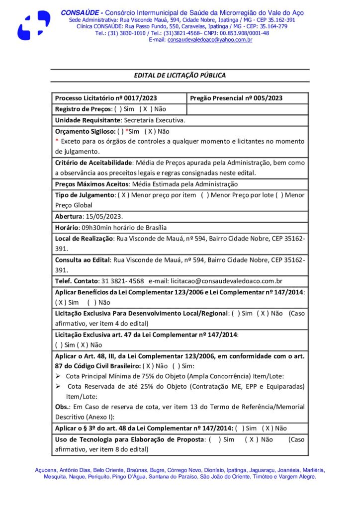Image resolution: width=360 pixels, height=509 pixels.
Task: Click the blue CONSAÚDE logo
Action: pos(34,25)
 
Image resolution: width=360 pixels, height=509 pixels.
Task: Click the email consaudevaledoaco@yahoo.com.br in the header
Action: pos(209,40)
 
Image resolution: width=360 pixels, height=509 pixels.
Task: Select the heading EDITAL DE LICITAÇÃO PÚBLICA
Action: pos(180,76)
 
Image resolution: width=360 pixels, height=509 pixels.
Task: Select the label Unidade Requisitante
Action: pos(88,120)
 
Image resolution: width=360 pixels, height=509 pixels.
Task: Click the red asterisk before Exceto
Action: pos(57,142)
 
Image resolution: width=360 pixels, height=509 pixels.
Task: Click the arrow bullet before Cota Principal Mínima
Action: pos(58,376)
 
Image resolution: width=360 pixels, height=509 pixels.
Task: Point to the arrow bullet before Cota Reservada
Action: pos(58,386)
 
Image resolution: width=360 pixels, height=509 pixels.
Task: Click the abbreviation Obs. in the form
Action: pos(62,407)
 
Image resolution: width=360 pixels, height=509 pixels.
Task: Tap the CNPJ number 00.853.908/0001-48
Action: pos(244,33)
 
